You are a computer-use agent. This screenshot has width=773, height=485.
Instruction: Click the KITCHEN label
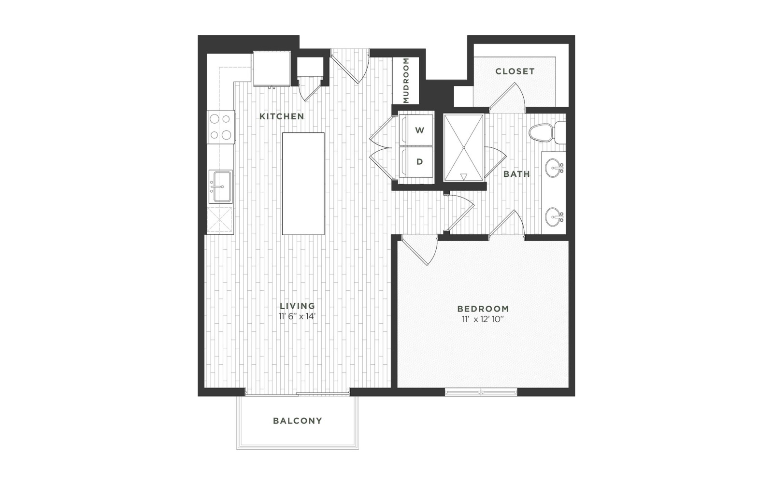click(282, 116)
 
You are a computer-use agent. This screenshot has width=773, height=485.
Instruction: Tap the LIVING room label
click(298, 306)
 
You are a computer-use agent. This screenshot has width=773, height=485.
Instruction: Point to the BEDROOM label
click(483, 309)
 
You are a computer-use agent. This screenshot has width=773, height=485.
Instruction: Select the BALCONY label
click(298, 421)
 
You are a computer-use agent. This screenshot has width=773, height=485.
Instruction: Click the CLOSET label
click(515, 71)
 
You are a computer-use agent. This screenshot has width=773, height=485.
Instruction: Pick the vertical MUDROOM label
click(406, 80)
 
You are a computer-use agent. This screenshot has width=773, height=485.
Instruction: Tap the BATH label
click(516, 174)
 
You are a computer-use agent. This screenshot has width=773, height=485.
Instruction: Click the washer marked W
click(416, 130)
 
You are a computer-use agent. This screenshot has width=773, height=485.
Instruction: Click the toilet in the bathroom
click(546, 133)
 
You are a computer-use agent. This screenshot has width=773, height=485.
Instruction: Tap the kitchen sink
click(221, 186)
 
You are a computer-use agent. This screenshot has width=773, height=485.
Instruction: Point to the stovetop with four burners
click(221, 127)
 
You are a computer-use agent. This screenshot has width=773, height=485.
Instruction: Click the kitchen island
click(303, 184)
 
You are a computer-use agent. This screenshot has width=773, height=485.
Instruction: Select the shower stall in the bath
click(464, 148)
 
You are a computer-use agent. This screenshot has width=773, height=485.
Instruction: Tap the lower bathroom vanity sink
click(554, 216)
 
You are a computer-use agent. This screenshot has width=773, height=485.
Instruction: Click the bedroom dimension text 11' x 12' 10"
click(483, 319)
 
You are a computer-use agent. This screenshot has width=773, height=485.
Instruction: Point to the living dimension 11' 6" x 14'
click(298, 316)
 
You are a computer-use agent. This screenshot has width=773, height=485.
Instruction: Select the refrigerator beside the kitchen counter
click(272, 69)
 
